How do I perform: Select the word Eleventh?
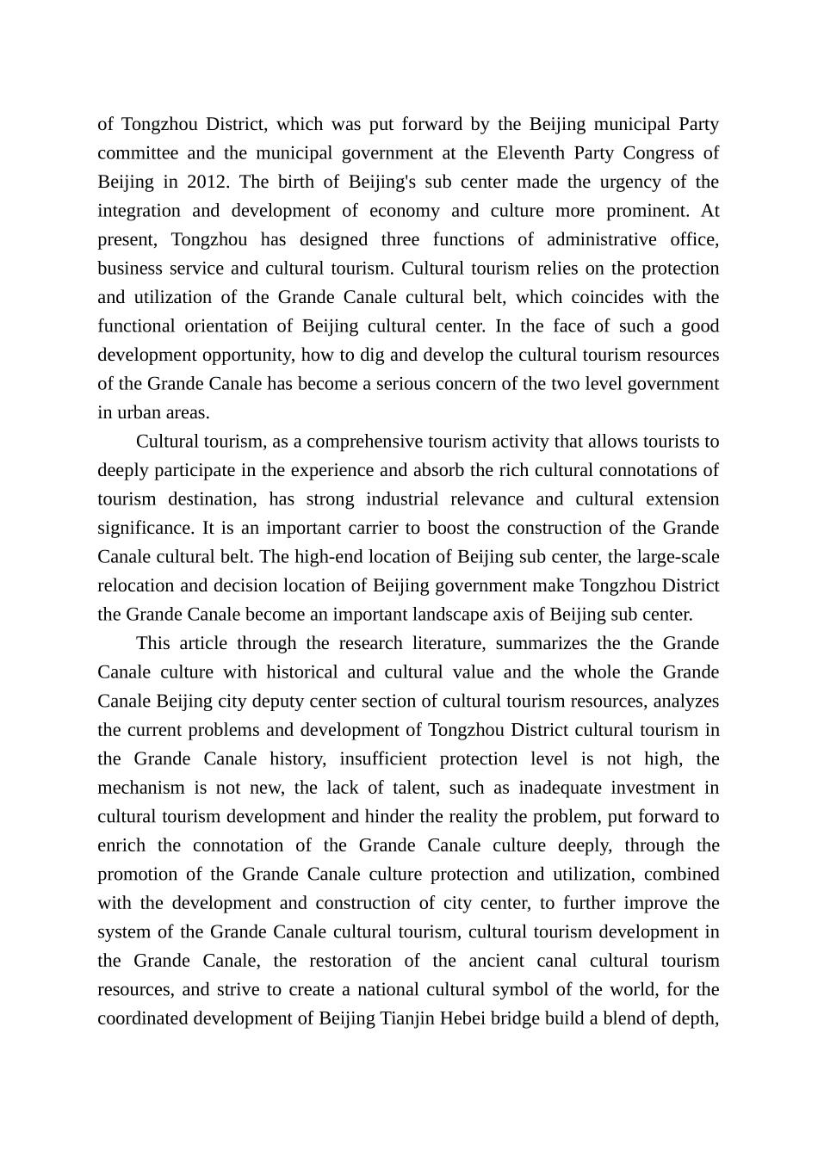[x=531, y=153]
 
